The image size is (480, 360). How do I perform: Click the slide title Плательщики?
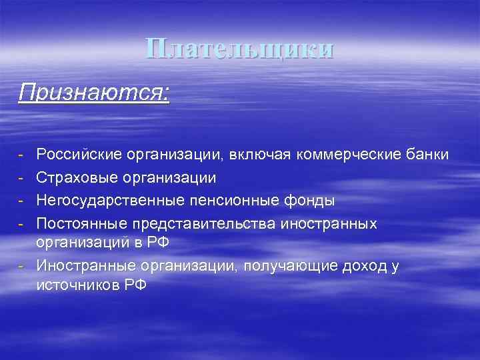pos(239,50)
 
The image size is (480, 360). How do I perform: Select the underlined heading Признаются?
pos(94,91)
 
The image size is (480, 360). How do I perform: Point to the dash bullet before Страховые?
pos(22,178)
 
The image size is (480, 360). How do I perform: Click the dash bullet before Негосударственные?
pos(22,200)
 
